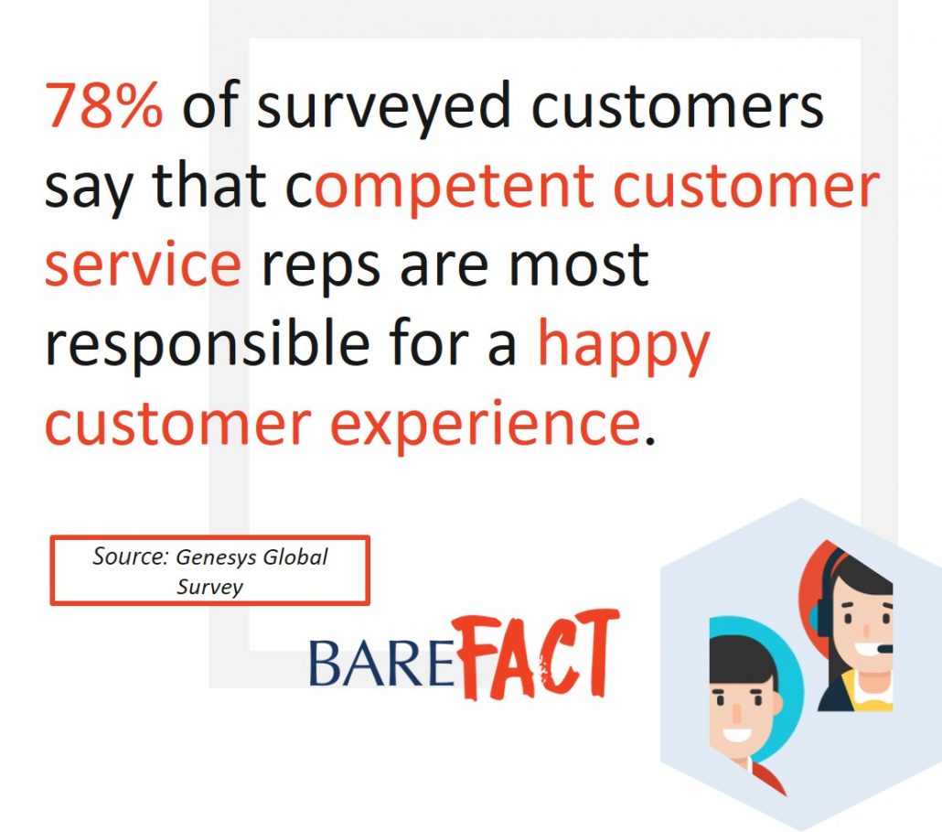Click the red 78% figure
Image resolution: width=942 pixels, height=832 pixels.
[x=104, y=106]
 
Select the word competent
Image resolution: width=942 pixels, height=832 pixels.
[x=455, y=188]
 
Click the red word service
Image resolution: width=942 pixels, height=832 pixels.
[x=143, y=264]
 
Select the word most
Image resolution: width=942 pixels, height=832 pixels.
[x=579, y=265]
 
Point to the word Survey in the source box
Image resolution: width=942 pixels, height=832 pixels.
[x=209, y=586]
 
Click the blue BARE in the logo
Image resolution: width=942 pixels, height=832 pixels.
[x=381, y=663]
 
